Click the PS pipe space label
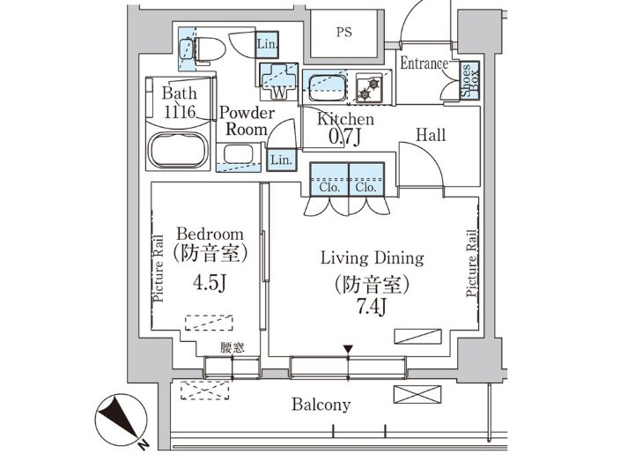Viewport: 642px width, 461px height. pyautogui.click(x=344, y=32)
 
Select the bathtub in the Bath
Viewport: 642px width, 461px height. pyautogui.click(x=178, y=150)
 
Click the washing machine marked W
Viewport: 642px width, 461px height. pyautogui.click(x=279, y=81)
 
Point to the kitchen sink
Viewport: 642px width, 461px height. pyautogui.click(x=328, y=87)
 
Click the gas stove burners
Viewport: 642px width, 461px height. pyautogui.click(x=369, y=89)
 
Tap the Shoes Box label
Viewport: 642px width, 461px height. pyautogui.click(x=470, y=80)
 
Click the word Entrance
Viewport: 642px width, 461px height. pyautogui.click(x=424, y=63)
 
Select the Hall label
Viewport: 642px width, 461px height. pyautogui.click(x=431, y=135)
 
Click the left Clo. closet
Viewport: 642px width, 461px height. pyautogui.click(x=329, y=179)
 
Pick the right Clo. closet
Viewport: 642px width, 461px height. pyautogui.click(x=366, y=179)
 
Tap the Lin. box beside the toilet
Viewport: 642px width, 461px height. pyautogui.click(x=268, y=43)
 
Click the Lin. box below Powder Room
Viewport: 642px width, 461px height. pyautogui.click(x=282, y=160)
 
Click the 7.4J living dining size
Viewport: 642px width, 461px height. pyautogui.click(x=372, y=307)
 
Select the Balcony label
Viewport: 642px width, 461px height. pyautogui.click(x=321, y=405)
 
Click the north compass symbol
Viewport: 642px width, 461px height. pyautogui.click(x=122, y=420)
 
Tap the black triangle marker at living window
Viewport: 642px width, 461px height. pyautogui.click(x=348, y=349)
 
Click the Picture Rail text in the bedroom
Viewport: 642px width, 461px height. pyautogui.click(x=159, y=269)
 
